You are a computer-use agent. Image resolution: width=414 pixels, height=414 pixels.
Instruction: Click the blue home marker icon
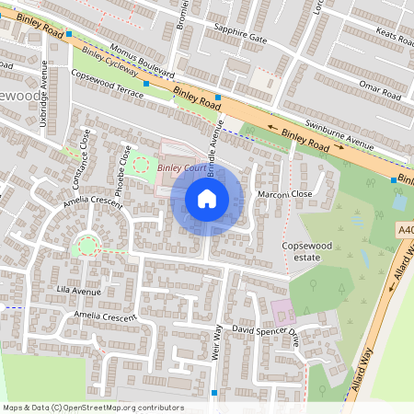coord(207,199)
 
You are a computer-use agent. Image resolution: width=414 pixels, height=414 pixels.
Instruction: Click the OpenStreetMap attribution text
coord(93,408)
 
